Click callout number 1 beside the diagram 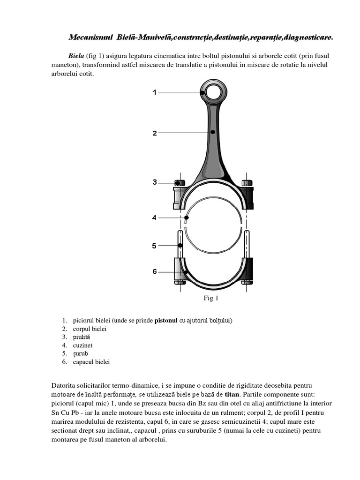(x=155, y=93)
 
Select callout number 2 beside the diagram (x=155, y=133)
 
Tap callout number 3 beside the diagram (x=155, y=182)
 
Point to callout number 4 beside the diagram (x=155, y=217)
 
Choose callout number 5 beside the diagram (x=155, y=245)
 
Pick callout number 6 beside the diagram (x=155, y=271)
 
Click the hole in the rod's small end (x=213, y=92)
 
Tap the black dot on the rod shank (x=213, y=132)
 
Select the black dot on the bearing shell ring (x=187, y=217)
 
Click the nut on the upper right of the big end (x=247, y=182)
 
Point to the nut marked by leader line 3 (x=179, y=182)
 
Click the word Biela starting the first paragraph (x=76, y=56)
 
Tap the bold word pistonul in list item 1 (x=166, y=321)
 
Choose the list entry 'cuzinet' (x=83, y=345)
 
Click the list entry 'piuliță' (x=81, y=337)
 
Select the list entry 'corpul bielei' (x=90, y=329)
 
